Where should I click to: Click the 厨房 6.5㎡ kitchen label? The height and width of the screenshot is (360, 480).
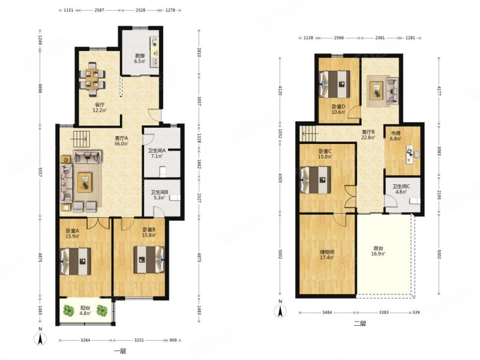[140, 58]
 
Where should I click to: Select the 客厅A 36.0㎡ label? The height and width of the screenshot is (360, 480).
[121, 141]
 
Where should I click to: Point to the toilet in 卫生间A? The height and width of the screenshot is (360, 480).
[163, 172]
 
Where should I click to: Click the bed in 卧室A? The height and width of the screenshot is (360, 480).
[76, 261]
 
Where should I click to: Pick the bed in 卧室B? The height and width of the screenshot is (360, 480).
[149, 260]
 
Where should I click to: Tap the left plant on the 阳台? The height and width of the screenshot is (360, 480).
[68, 311]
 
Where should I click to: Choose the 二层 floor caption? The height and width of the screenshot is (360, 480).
[359, 324]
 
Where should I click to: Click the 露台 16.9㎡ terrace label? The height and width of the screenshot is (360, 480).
[379, 251]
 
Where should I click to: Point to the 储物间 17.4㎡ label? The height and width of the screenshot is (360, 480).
[327, 254]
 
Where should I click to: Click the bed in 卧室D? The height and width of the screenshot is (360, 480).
[335, 84]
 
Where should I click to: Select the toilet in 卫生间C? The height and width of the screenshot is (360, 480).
[415, 201]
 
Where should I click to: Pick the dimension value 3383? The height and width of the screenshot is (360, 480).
[384, 313]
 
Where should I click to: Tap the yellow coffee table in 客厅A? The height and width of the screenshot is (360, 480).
[85, 182]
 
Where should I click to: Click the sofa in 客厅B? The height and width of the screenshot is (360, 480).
[392, 91]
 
